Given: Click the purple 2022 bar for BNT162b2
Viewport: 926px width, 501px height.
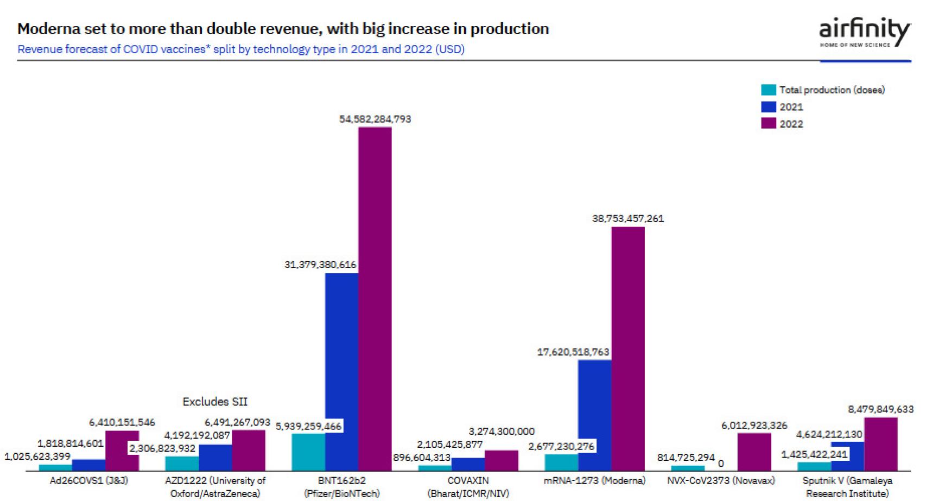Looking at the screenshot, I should point(375,299).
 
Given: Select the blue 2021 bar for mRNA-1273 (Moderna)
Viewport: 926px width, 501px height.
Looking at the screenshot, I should point(594,415).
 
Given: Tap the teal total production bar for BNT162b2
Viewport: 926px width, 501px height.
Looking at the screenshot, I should point(308,452).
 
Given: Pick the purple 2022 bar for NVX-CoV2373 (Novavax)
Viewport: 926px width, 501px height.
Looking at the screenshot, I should point(754,452).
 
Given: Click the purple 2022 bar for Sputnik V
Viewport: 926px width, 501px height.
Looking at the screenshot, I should point(880,444).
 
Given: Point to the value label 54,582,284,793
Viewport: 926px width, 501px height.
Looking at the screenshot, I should point(375,119).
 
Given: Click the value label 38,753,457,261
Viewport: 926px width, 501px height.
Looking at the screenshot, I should point(627,218).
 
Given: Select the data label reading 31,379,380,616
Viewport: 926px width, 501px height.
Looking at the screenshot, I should point(320,264).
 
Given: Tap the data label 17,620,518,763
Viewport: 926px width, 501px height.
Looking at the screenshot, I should point(573,352).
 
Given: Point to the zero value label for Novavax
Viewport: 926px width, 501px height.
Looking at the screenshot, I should point(721,464).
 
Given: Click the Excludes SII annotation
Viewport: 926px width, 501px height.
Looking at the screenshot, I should point(215,402).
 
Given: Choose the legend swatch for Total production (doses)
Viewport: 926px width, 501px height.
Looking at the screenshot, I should point(769,90).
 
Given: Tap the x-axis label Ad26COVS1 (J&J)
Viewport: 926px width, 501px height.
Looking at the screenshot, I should point(89,480).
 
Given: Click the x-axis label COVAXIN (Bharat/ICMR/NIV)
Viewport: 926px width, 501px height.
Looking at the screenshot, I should point(468,487).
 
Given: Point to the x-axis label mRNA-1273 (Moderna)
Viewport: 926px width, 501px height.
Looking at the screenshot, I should point(594,480).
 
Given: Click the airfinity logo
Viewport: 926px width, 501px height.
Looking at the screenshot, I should point(864,33).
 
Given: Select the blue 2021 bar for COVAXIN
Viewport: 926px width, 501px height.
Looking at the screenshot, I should point(468,464).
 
